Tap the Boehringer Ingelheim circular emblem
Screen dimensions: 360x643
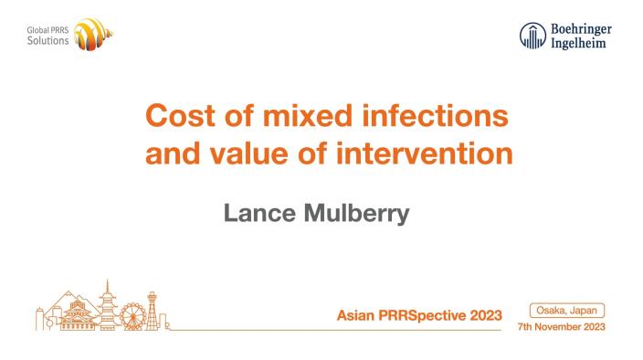tap(532, 36)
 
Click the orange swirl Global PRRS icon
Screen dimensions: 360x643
tap(93, 37)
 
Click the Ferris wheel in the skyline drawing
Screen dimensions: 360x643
tap(133, 316)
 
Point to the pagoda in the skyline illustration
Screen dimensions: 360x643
tap(106, 306)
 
